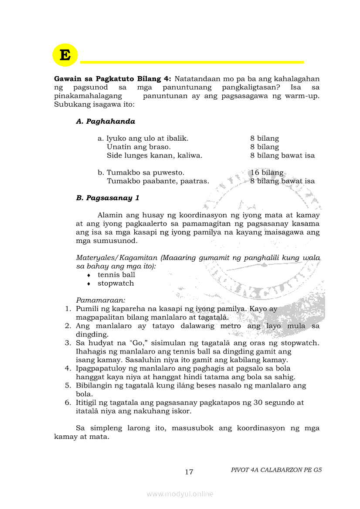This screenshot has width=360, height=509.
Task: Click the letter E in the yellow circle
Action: click(x=65, y=55)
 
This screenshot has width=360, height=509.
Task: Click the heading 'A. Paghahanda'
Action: click(x=105, y=121)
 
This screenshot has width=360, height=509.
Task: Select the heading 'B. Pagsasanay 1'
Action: click(x=108, y=198)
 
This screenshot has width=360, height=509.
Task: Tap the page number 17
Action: click(x=189, y=472)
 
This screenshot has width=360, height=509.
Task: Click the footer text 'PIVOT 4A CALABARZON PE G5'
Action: click(x=276, y=470)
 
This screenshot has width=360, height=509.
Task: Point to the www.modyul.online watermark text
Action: click(x=180, y=494)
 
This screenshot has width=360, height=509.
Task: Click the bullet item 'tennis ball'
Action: click(x=116, y=275)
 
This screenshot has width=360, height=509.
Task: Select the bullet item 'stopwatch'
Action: click(x=115, y=283)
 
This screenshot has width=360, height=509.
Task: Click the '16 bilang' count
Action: click(x=267, y=173)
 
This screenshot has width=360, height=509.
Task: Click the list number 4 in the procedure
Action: click(x=68, y=368)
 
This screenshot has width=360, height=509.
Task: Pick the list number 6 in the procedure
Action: click(x=68, y=403)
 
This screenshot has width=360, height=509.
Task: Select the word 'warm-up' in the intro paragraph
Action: click(x=300, y=96)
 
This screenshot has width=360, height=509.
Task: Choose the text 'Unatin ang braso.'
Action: click(x=139, y=147)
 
